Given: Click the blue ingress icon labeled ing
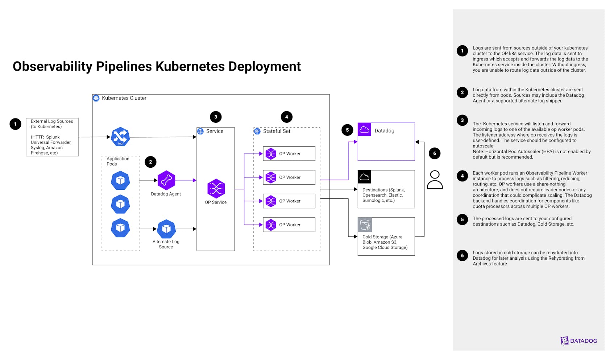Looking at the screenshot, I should pos(120,137).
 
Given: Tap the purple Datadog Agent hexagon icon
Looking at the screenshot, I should pos(166,180).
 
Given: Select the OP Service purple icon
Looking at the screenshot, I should pos(216,188).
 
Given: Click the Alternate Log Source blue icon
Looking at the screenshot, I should pos(166,229).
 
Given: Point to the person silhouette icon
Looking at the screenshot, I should pos(435,180).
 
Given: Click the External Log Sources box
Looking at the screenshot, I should pos(52,137).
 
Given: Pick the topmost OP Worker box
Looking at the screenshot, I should pos(289,154).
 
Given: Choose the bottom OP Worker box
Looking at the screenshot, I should pos(289,225).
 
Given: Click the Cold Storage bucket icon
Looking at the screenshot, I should pos(365,225).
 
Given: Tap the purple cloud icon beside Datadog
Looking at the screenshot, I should pos(364,130).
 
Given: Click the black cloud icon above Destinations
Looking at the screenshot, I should pos(364,177).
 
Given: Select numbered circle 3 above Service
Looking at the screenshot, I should pos(216,117).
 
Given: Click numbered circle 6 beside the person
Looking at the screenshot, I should pos(435,153).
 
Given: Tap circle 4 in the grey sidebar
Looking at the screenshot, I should pos(462,176).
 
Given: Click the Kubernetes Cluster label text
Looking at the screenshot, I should pos(124,98).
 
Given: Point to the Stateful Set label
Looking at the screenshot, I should pos(277,131).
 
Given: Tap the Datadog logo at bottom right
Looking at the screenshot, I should pos(578,340).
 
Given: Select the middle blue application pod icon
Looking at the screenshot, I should pos(120,204).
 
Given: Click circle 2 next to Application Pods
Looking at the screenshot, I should pos(150,162).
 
